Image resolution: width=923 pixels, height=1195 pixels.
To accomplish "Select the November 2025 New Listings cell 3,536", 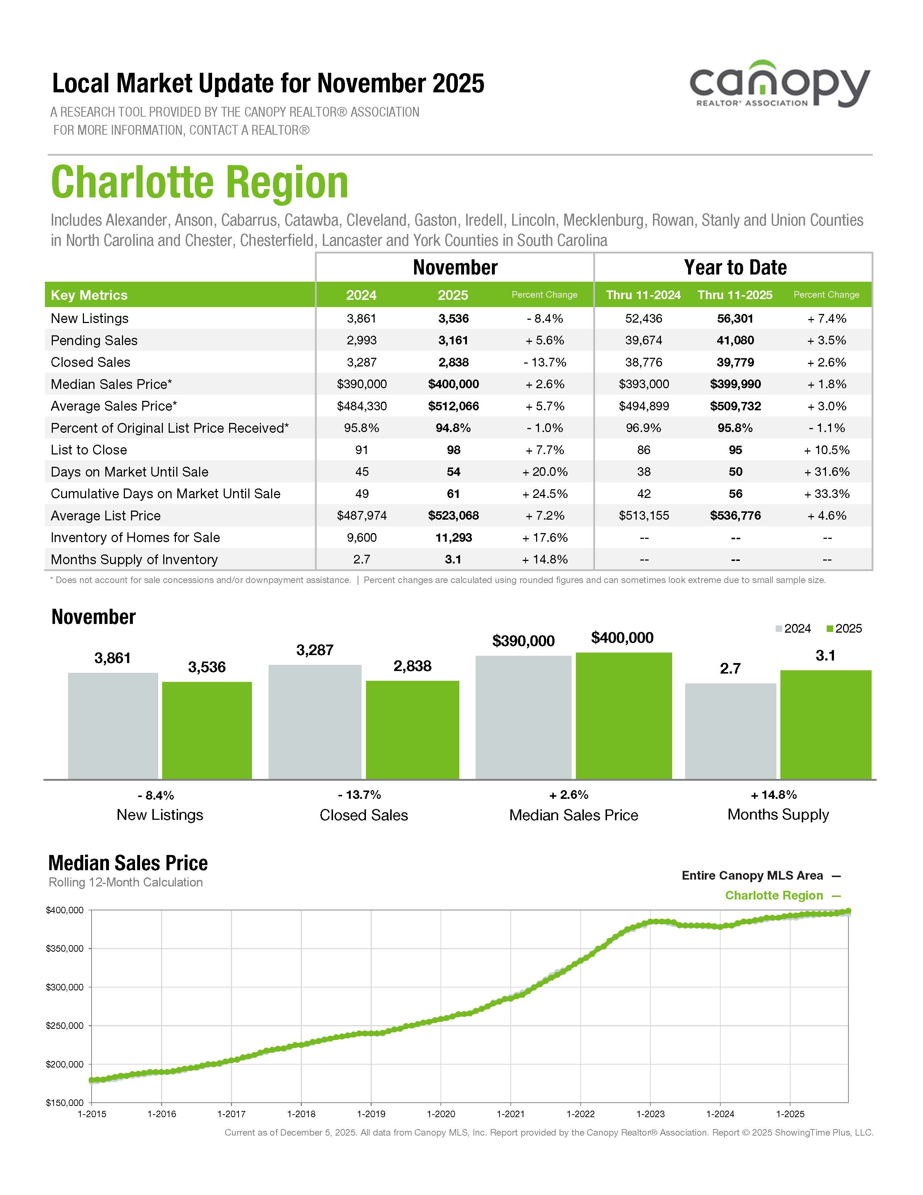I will pyautogui.click(x=453, y=318).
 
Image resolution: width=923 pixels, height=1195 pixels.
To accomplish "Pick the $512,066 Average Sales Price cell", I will pyautogui.click(x=453, y=406).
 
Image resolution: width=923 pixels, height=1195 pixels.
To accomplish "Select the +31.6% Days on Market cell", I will pyautogui.click(x=826, y=471).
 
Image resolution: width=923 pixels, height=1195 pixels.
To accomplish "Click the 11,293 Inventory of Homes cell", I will pyautogui.click(x=453, y=537).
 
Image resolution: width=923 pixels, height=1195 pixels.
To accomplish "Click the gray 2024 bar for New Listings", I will pyautogui.click(x=113, y=726).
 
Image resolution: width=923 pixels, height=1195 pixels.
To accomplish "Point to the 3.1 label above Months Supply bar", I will pyautogui.click(x=825, y=655).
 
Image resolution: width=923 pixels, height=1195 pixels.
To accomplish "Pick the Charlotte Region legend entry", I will pyautogui.click(x=774, y=895).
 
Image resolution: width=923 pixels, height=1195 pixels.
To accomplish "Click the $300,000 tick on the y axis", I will pyautogui.click(x=64, y=987).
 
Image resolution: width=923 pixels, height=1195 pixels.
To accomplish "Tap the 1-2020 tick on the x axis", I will pyautogui.click(x=441, y=1114).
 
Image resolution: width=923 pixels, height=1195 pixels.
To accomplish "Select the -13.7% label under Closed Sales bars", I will pyautogui.click(x=359, y=794).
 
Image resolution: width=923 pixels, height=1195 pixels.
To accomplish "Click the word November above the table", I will pyautogui.click(x=455, y=268).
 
